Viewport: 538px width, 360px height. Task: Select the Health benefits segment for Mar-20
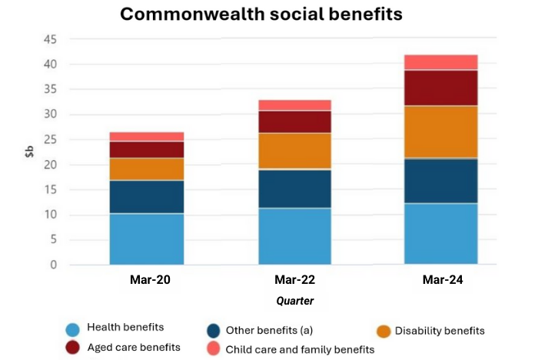[146, 239]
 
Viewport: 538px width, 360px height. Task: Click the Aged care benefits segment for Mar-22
[294, 122]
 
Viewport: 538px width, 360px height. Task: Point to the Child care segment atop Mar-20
[146, 136]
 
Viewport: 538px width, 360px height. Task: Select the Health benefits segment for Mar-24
[441, 234]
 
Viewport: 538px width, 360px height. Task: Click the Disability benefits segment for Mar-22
[294, 151]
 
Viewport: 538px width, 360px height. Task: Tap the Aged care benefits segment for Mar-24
[441, 88]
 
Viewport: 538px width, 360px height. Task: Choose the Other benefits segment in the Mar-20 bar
[146, 197]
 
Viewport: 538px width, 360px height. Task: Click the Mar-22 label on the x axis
[294, 280]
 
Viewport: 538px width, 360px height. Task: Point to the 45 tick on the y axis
[50, 40]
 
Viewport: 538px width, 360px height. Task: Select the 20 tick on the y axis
[50, 165]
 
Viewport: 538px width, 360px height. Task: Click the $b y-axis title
[28, 151]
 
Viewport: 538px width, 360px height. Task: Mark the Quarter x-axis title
[295, 301]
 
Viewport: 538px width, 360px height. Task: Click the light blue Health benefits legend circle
[73, 330]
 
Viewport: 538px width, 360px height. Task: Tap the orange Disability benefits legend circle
[384, 331]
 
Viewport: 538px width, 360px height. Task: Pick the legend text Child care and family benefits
[300, 349]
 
